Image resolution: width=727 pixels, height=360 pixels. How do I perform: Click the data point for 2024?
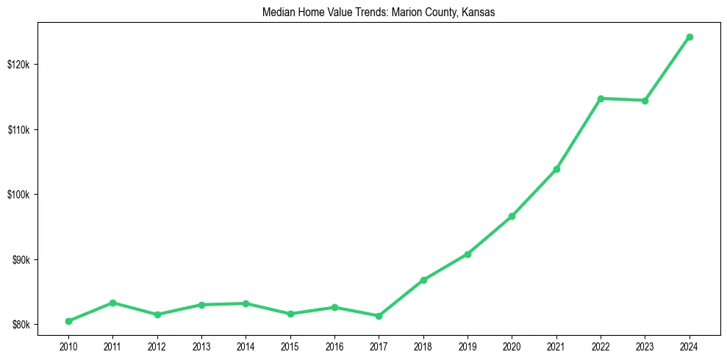pyautogui.click(x=690, y=37)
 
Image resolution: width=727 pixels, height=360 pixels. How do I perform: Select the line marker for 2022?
pyautogui.click(x=601, y=98)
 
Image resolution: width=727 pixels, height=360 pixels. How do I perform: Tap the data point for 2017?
pyautogui.click(x=379, y=316)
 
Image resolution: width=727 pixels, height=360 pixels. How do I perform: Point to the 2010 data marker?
pyautogui.click(x=68, y=321)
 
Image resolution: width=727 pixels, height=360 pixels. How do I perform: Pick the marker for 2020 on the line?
pyautogui.click(x=512, y=216)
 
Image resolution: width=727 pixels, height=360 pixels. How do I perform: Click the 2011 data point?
pyautogui.click(x=112, y=303)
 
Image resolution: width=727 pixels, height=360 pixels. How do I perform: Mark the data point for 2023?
pyautogui.click(x=645, y=101)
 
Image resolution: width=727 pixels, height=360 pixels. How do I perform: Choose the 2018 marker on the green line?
pyautogui.click(x=423, y=280)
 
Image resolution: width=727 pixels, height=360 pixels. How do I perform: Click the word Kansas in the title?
pyautogui.click(x=479, y=12)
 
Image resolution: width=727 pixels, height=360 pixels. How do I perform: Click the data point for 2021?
pyautogui.click(x=556, y=169)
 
